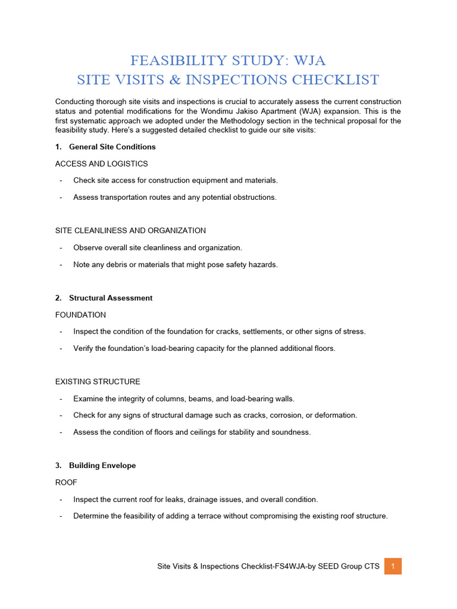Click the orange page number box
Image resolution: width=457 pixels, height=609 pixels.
(393, 566)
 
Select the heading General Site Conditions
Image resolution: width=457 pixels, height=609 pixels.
(112, 147)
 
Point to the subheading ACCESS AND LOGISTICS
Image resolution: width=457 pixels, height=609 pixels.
(102, 164)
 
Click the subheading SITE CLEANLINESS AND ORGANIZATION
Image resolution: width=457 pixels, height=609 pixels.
(130, 230)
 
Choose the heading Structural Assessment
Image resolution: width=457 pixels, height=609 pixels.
(111, 298)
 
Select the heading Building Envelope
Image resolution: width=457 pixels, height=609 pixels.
(102, 466)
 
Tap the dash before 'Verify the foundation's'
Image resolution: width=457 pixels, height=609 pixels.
(61, 349)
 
